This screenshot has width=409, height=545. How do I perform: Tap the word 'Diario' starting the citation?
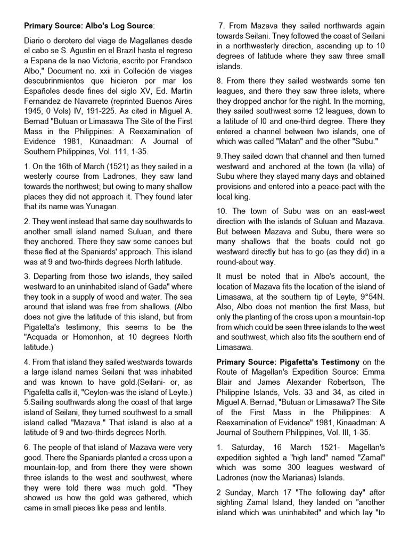[x=37, y=41]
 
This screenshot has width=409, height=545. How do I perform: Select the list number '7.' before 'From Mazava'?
[x=222, y=26]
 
